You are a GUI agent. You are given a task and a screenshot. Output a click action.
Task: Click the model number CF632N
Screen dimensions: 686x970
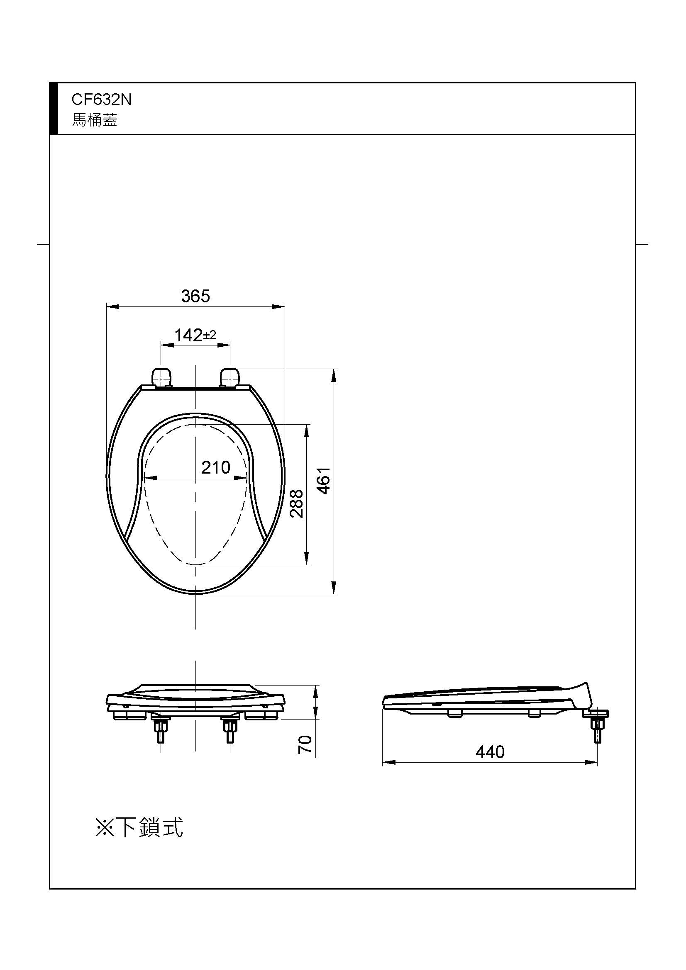point(101,100)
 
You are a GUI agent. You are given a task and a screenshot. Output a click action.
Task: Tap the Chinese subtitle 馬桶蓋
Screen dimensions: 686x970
point(95,120)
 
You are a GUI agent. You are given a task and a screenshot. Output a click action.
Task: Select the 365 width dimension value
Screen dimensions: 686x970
point(195,296)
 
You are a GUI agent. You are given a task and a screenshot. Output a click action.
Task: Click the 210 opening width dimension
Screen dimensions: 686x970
point(215,468)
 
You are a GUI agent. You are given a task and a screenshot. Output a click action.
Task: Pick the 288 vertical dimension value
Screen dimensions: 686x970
point(297,503)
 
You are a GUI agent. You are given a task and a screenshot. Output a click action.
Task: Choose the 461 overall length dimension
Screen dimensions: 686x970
point(324,481)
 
